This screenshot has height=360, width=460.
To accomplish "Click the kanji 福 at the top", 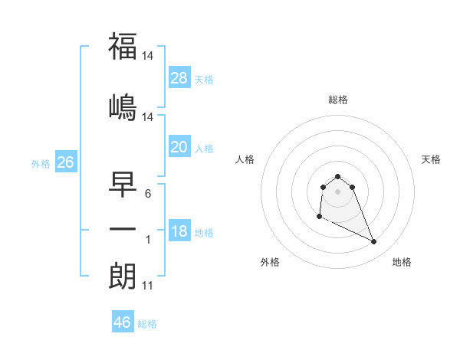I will tap(123, 47).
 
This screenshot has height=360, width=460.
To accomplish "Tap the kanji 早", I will tap(123, 184).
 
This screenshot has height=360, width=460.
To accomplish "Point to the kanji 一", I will tap(123, 228).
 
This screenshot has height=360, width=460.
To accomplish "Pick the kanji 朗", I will tap(123, 276).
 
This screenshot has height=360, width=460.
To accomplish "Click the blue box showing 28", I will tap(179, 77).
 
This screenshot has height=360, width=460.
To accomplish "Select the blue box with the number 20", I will tap(179, 147).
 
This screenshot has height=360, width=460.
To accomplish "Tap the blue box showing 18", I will tap(179, 231).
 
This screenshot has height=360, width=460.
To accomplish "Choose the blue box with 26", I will tap(65, 162).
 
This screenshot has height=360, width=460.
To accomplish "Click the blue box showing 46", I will tap(123, 322).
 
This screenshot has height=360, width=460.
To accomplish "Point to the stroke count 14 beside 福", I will tap(149, 56).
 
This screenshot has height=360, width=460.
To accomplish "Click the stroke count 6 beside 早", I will tap(148, 194).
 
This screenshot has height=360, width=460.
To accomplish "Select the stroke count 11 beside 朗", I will tap(147, 286).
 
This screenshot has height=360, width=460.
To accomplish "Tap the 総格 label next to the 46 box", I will tap(147, 324).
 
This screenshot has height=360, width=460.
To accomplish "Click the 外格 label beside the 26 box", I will tap(41, 164).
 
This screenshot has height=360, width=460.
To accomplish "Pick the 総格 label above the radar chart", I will tap(338, 100).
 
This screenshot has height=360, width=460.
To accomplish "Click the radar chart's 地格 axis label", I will tap(402, 262).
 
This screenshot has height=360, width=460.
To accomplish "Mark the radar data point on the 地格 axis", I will tap(374, 242).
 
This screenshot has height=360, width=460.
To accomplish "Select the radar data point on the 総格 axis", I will tap(337, 176).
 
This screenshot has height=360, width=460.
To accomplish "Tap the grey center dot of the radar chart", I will tap(337, 191).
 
